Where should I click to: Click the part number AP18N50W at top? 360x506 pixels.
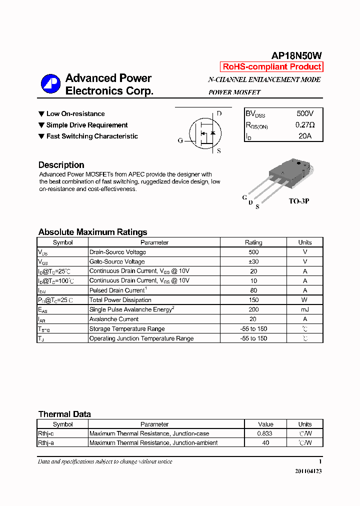[x=296, y=56]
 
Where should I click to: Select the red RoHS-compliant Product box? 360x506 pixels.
[x=271, y=67]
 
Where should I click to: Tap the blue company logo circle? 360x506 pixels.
[x=50, y=83]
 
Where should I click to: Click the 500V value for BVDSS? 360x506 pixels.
[x=305, y=114]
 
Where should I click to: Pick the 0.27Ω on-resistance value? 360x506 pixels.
[x=305, y=125]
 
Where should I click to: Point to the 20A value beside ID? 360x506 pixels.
[x=305, y=136]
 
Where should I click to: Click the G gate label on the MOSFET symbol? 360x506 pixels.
[x=180, y=140]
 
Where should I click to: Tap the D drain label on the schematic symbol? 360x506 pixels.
[x=219, y=113]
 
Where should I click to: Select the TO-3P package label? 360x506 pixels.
[x=299, y=201]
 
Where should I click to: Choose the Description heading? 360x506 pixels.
[x=61, y=165]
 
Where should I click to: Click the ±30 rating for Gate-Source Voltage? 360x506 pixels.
[x=253, y=261]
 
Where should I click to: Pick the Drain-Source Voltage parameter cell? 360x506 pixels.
[x=117, y=252]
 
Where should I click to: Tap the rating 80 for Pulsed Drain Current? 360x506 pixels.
[x=253, y=290]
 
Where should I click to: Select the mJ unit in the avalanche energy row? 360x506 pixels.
[x=305, y=309]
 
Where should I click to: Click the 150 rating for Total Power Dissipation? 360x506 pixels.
[x=253, y=300]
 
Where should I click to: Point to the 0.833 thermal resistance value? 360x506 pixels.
[x=265, y=433]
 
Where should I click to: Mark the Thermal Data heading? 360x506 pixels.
[x=64, y=414]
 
